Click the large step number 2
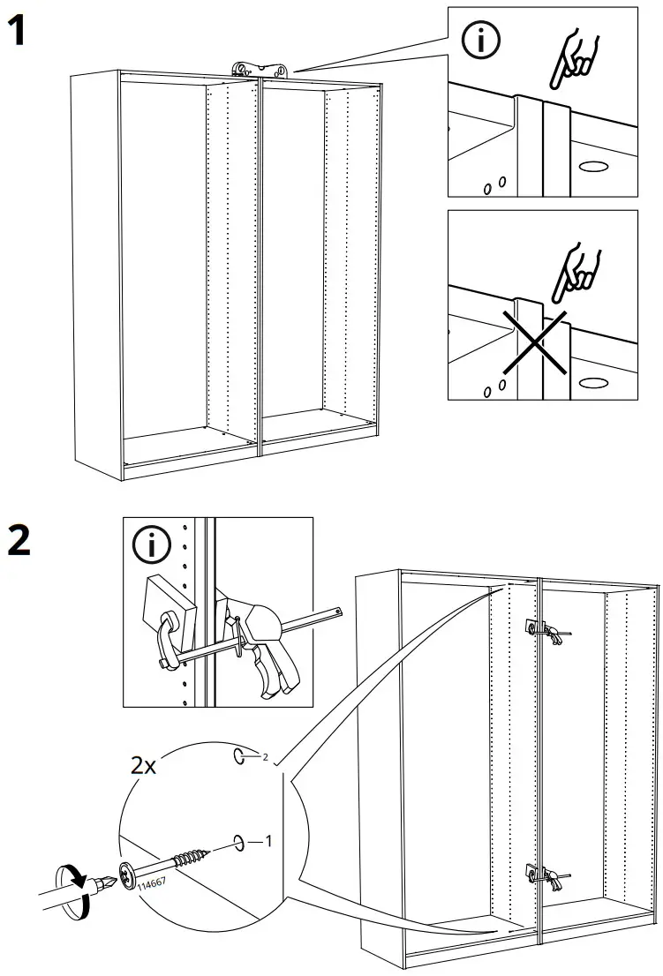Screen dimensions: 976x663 [21, 539]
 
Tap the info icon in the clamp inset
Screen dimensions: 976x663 [153, 548]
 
